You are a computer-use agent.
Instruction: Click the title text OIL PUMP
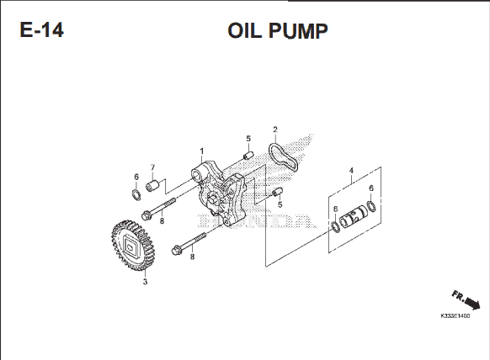(278, 30)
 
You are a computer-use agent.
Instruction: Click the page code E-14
(42, 30)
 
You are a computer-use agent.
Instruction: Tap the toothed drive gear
(133, 245)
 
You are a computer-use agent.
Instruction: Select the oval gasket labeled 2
(283, 156)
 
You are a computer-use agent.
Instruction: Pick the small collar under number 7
(152, 186)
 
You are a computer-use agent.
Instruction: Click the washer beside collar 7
(136, 194)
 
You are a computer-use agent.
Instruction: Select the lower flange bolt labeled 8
(189, 243)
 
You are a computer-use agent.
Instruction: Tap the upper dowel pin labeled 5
(248, 155)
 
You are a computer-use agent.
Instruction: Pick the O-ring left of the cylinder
(336, 226)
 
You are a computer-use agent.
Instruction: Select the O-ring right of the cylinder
(371, 206)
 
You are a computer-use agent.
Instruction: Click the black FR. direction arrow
(472, 303)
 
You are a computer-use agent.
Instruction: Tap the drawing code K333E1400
(455, 316)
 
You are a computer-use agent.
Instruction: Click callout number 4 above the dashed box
(351, 171)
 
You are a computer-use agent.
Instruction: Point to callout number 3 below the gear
(145, 282)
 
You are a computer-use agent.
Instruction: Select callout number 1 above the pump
(201, 151)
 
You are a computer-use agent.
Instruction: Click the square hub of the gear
(130, 245)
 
